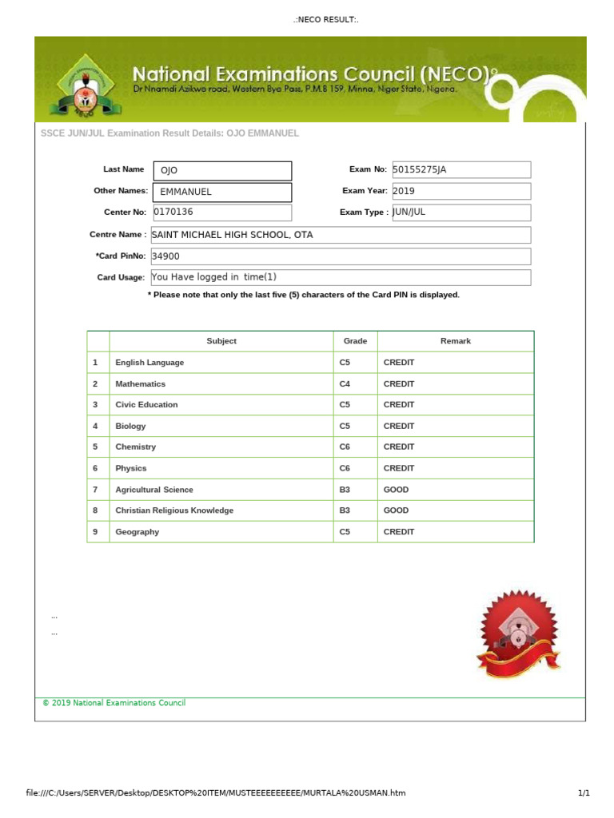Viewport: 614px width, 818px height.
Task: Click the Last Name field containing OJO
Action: click(222, 171)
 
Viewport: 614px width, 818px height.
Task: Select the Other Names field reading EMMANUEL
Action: click(222, 193)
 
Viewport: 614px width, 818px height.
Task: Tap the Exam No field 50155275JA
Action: click(460, 170)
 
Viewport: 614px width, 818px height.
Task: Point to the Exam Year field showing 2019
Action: click(460, 192)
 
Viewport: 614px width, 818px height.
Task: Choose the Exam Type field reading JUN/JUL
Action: click(460, 212)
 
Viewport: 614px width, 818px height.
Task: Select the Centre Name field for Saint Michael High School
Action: click(340, 235)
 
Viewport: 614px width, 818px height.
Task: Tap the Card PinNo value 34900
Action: click(340, 256)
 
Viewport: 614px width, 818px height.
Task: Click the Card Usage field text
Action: click(340, 277)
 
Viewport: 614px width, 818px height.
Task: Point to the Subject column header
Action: click(221, 341)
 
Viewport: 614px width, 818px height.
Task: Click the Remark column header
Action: click(455, 341)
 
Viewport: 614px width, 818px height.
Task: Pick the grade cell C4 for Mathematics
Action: click(345, 384)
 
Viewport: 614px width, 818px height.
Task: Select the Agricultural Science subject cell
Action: click(154, 490)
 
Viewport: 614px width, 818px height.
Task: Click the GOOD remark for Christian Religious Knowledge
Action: click(396, 510)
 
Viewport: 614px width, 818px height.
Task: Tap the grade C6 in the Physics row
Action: click(345, 469)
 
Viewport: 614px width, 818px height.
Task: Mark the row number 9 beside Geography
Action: click(95, 532)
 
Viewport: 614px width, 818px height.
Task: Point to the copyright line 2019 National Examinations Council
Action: click(114, 703)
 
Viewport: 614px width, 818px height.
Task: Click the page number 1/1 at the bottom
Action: click(583, 793)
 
